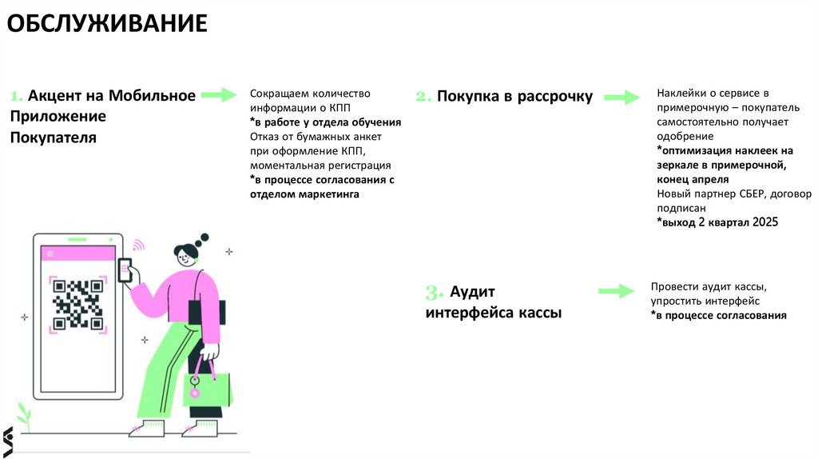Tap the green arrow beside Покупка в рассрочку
coord(621,98)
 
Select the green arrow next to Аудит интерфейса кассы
coord(616,291)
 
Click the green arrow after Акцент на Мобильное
coord(219,95)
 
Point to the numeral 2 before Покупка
coord(423,97)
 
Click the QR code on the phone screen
coord(78,304)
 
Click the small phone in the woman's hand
coord(125,269)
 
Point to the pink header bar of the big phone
coord(78,253)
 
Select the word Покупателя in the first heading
coord(54,138)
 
